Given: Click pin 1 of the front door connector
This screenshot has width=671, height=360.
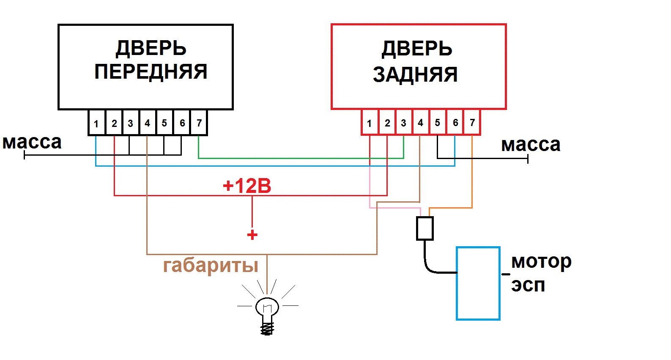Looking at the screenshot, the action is (x=96, y=123).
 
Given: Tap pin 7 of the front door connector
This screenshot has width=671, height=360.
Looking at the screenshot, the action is (x=199, y=123).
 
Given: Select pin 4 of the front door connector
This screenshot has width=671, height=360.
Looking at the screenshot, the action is (x=148, y=123).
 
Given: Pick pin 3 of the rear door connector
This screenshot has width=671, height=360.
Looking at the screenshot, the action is (x=403, y=123).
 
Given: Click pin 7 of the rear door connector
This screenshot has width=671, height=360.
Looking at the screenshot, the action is (x=472, y=123).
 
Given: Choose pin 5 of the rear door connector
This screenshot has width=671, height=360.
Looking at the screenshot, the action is (x=438, y=123).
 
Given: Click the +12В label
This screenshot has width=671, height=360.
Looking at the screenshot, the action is (x=247, y=186).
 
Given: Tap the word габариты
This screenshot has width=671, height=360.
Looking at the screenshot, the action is (x=211, y=266).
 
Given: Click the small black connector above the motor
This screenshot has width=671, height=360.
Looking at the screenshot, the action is (x=425, y=228).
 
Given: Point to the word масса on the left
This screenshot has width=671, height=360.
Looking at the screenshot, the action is (x=32, y=143).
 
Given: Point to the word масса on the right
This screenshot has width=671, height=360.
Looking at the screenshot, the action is (x=531, y=145).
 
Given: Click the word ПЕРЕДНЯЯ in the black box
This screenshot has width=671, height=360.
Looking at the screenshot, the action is (x=151, y=72).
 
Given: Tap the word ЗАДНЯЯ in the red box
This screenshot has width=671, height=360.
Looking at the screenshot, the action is (x=415, y=74).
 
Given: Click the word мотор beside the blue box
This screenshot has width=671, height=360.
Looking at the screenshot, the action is (x=541, y=262).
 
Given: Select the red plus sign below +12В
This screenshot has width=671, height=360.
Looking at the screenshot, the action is (x=252, y=235).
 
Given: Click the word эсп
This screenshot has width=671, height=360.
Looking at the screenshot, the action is (x=528, y=286).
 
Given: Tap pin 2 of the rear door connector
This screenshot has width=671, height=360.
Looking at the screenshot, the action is (x=387, y=123).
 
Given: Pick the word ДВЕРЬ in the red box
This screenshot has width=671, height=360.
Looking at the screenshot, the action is (x=416, y=49).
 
